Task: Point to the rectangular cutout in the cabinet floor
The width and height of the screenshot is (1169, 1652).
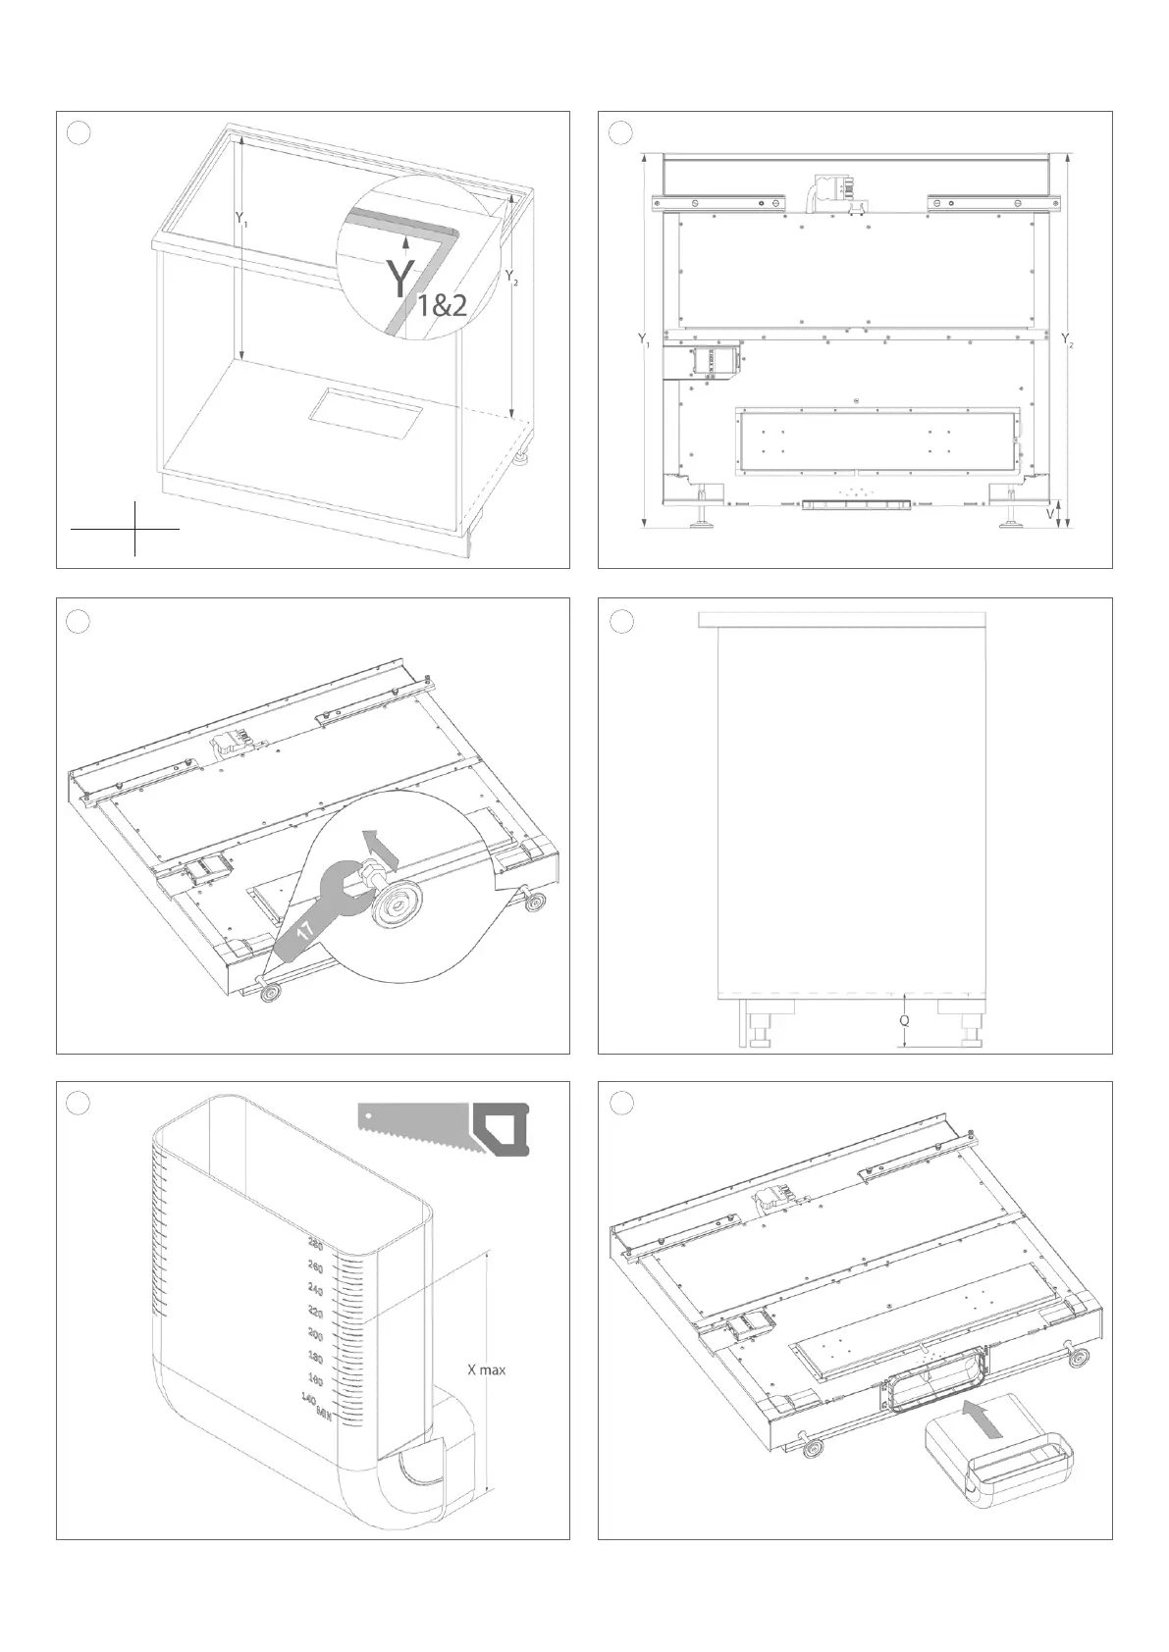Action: (365, 410)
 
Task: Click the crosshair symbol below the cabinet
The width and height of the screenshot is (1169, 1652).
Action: (134, 529)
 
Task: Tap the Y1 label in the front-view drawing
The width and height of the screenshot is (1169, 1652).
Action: (643, 340)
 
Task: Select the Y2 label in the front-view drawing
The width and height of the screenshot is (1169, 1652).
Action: (1068, 340)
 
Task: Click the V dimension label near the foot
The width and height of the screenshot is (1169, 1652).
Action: (1050, 512)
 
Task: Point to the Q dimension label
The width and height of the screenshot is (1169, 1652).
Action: (904, 1020)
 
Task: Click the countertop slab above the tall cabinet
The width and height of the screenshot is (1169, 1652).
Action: (842, 619)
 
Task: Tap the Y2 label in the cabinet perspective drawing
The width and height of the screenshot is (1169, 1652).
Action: (511, 279)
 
